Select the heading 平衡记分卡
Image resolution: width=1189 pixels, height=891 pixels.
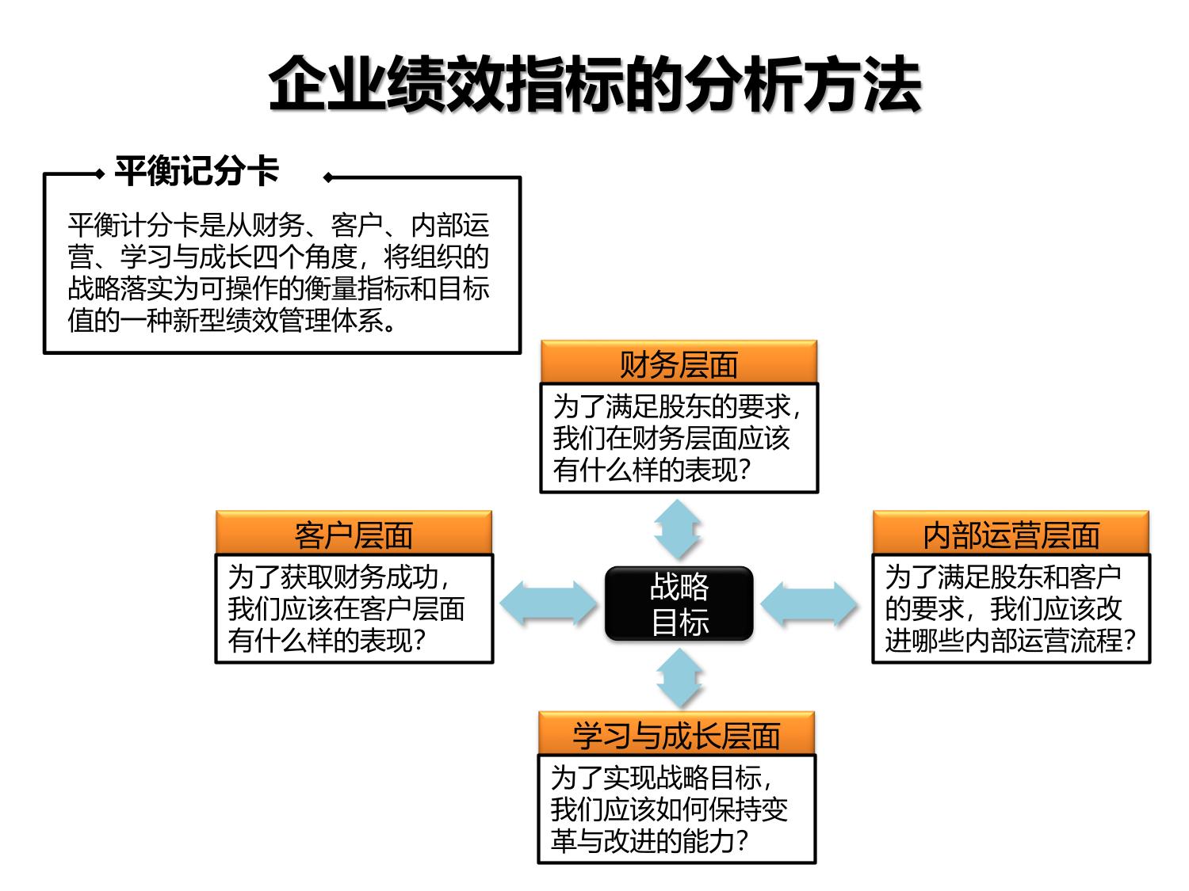(197, 171)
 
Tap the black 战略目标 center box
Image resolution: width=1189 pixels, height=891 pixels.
(679, 604)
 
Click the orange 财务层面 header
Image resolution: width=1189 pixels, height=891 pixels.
(679, 364)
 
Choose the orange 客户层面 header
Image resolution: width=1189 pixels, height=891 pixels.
(354, 534)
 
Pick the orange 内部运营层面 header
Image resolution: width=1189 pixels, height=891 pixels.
(1011, 534)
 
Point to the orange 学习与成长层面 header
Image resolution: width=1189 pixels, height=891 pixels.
(677, 734)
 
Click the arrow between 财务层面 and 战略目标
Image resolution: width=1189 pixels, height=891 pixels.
(678, 529)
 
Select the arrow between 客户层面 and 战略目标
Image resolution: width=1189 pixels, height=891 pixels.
(548, 604)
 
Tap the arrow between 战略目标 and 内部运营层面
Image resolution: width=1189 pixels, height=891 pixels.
(809, 604)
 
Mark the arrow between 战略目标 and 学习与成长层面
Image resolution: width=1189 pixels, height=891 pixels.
(679, 677)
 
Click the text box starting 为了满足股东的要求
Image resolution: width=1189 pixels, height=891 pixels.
(679, 438)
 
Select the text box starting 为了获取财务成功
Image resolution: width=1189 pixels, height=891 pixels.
(354, 608)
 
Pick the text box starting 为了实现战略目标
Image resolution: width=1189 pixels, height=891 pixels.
(677, 809)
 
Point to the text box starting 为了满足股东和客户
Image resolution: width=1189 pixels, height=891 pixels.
(1011, 608)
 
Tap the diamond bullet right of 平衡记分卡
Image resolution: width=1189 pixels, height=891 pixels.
(327, 177)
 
